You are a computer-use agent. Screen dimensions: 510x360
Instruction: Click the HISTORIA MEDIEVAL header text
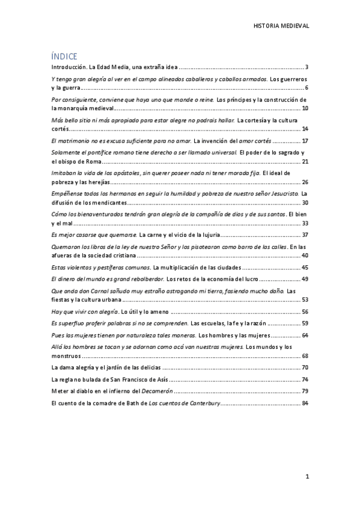tap(282, 26)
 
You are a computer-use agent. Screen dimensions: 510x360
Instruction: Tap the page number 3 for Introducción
tap(307, 67)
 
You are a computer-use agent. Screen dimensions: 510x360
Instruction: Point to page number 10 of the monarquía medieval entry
tap(305, 108)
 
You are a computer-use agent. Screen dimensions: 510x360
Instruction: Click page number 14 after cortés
tap(305, 129)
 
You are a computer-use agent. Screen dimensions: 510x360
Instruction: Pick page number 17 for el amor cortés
tap(305, 141)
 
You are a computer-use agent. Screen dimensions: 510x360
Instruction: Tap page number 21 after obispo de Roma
tap(305, 162)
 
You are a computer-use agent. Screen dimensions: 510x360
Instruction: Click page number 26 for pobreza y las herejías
tap(305, 182)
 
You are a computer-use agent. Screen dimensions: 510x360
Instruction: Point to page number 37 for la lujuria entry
tap(305, 235)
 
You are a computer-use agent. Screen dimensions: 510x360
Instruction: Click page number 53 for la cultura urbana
tap(305, 300)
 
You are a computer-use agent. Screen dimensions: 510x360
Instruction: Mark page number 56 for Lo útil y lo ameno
tap(305, 312)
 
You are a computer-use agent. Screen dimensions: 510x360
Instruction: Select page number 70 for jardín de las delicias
tap(305, 367)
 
